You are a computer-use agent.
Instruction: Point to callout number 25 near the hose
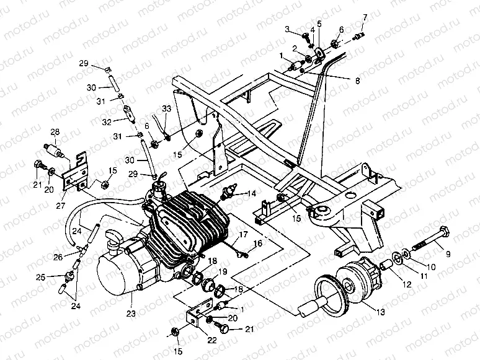point(41,276)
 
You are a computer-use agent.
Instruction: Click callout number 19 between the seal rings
point(223,271)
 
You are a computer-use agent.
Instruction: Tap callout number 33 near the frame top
point(166,108)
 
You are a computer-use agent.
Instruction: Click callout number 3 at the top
point(288,29)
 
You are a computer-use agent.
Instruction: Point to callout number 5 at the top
point(319,24)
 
